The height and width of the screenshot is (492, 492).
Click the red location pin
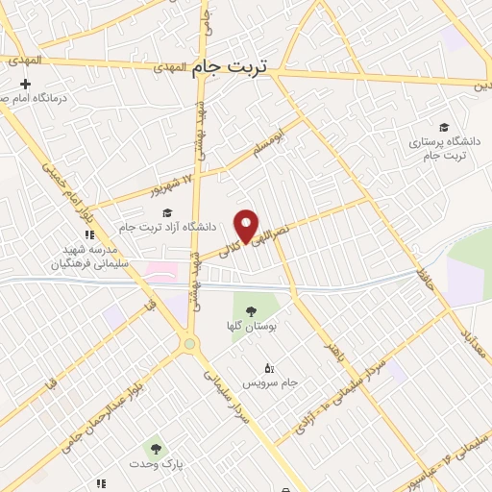point(247,225)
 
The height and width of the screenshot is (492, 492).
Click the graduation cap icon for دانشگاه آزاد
point(168,213)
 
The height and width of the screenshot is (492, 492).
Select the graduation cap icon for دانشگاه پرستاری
point(443,127)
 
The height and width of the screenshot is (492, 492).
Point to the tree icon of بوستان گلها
point(251,311)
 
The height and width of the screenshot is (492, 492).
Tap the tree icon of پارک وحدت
point(154,448)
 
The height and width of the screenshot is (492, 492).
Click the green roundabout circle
point(190,344)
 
